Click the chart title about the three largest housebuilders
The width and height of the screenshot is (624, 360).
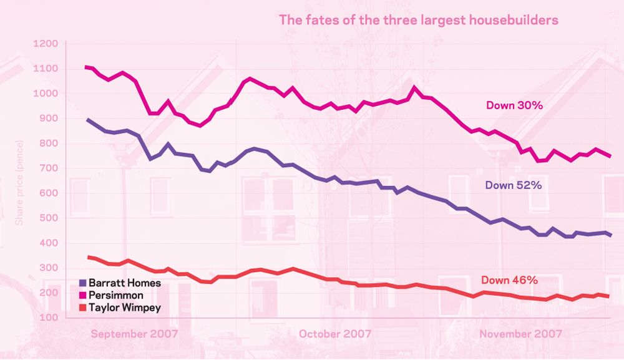point(418,20)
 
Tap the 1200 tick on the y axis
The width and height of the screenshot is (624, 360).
point(46,44)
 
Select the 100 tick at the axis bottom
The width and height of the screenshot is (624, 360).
point(47,318)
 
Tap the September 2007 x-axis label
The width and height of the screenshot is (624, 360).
point(134,334)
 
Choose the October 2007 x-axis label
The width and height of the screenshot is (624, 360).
point(335,334)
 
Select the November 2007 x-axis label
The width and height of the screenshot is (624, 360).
point(520,334)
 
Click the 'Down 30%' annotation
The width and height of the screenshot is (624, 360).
point(515,105)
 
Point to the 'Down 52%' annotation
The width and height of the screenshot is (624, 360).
point(513,185)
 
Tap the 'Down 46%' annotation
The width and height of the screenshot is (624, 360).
point(509,280)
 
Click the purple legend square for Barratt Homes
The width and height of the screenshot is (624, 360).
point(83,283)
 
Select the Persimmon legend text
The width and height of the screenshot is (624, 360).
point(116,295)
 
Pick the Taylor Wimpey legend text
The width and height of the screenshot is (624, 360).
point(125,308)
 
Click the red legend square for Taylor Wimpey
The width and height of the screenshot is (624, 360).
point(83,308)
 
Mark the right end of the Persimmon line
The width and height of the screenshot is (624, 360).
point(610,156)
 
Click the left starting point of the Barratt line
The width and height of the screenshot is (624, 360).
point(87,120)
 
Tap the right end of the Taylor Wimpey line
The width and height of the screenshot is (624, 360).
point(608,296)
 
